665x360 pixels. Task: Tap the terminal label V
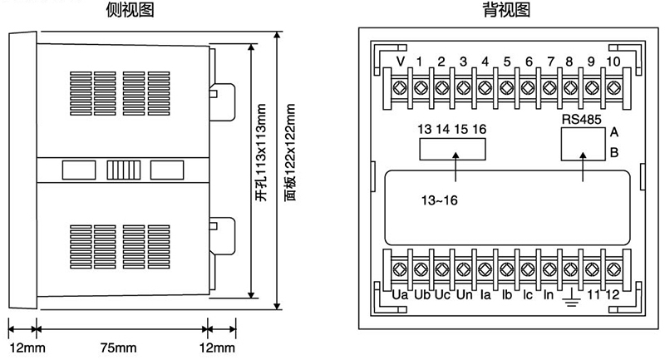(401, 62)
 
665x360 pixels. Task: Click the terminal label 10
(613, 62)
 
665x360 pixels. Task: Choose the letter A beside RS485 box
(614, 132)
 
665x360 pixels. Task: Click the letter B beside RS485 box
(614, 152)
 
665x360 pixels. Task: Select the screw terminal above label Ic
(528, 269)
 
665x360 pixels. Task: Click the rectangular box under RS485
(582, 145)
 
